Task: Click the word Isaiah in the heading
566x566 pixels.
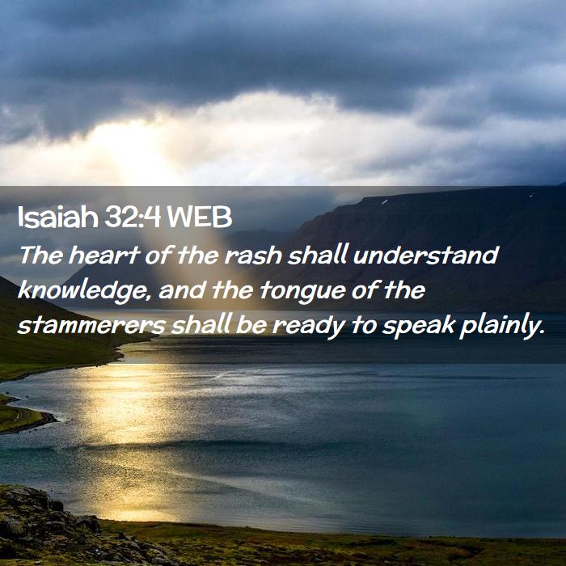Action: (57, 218)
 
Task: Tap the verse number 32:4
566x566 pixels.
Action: (133, 218)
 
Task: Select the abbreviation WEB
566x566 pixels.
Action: (199, 218)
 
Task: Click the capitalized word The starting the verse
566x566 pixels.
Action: (40, 255)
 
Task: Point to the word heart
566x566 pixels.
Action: (104, 255)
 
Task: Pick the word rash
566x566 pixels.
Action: (253, 255)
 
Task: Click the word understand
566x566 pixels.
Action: (426, 255)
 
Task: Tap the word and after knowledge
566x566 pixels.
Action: (182, 291)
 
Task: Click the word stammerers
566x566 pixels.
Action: (91, 326)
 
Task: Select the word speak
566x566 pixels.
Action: (418, 327)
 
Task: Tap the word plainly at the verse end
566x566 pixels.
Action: (502, 327)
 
